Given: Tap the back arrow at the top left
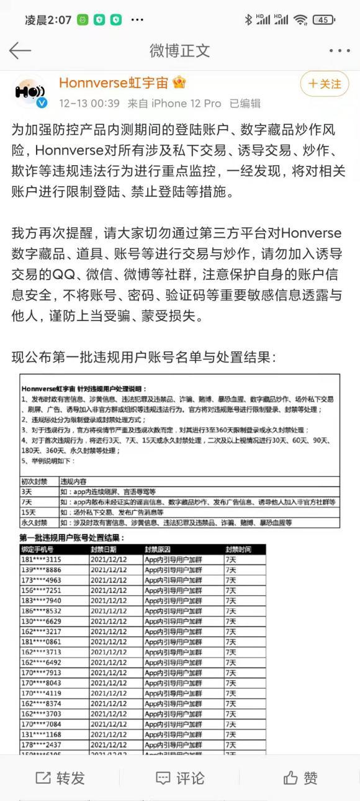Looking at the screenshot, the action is (20, 50).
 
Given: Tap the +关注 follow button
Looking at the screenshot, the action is (324, 84).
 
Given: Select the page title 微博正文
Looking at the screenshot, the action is (180, 50).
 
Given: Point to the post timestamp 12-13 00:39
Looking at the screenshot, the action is (89, 103).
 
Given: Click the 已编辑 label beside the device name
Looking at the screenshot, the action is (245, 103).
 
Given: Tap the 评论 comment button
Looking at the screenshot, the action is (180, 777).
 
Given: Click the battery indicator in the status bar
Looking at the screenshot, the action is (323, 20).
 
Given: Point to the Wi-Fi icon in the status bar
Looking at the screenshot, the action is (301, 20).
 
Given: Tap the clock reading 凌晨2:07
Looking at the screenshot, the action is (48, 20).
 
